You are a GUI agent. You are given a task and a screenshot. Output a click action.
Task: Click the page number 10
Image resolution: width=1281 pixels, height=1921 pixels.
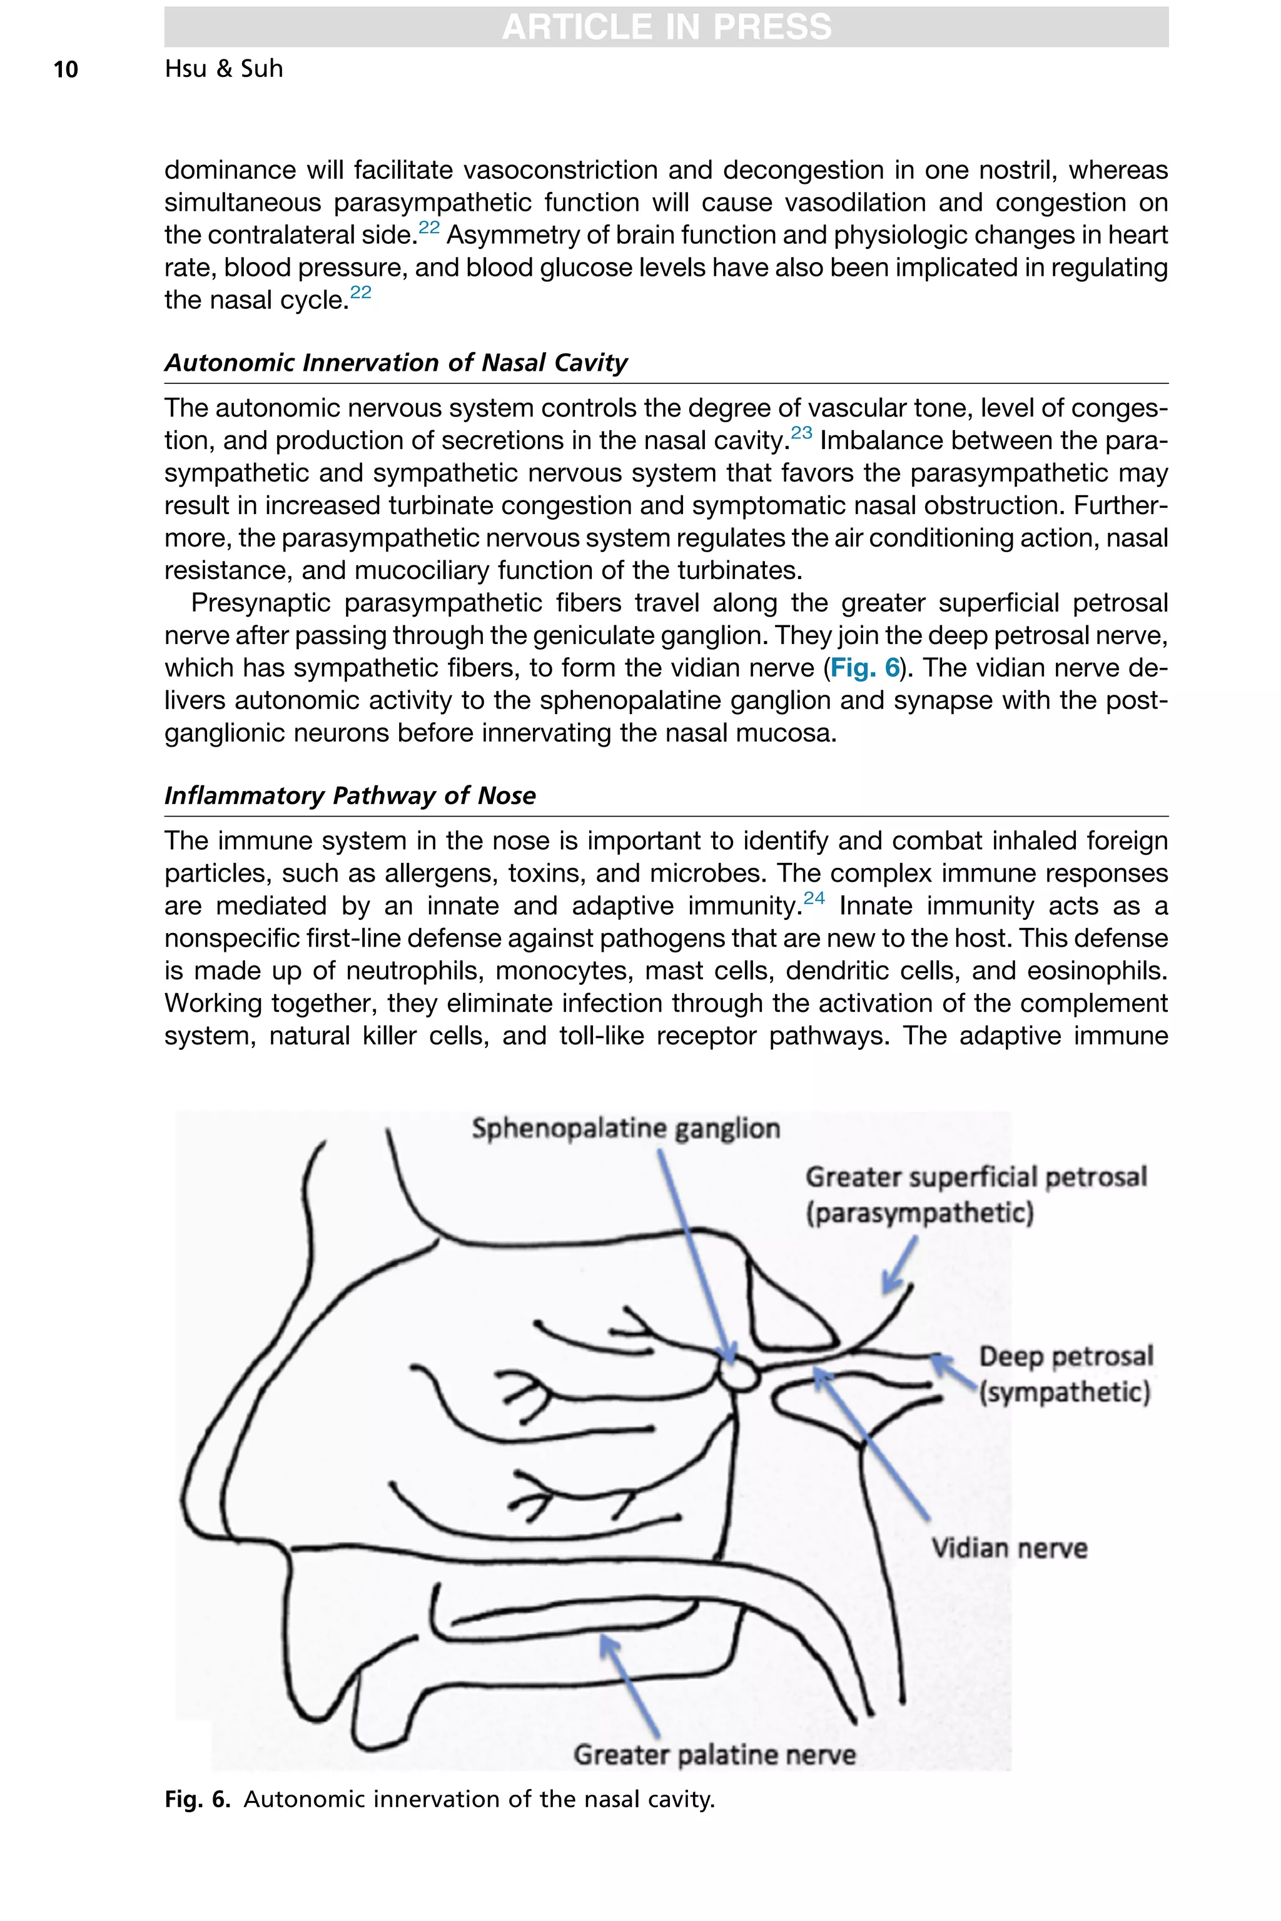coord(65,69)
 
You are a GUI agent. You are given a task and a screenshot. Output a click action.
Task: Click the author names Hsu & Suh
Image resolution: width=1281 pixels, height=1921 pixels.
coord(224,69)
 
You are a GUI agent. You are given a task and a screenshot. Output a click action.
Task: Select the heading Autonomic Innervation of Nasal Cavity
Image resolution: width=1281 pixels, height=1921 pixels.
coord(396,363)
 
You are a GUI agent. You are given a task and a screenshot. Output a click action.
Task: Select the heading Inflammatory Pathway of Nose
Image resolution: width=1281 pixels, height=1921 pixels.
coord(350,795)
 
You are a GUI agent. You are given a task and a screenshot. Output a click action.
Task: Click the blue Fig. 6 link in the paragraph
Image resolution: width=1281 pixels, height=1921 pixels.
coord(864,668)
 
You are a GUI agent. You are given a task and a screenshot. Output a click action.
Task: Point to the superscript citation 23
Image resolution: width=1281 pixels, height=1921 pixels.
coord(801,433)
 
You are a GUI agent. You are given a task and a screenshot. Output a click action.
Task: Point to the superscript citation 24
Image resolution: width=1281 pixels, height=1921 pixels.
coord(814,899)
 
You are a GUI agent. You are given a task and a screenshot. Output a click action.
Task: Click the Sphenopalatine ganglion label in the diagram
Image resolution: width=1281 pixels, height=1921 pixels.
coord(625,1129)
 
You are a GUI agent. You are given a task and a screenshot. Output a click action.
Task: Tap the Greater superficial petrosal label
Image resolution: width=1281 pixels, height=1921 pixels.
coord(976,1177)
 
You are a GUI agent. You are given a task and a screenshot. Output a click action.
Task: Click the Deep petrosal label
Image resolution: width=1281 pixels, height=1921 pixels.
coord(1065,1356)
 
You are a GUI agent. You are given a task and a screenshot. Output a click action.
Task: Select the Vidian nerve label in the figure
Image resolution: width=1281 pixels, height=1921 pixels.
coord(1009,1548)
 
